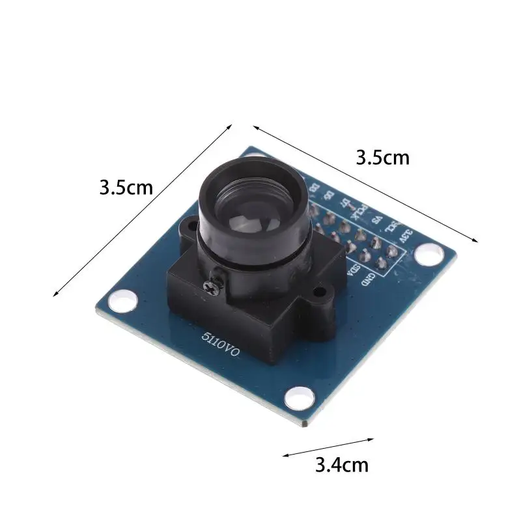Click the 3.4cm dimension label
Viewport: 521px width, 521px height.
pos(342,465)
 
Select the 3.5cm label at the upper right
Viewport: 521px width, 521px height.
pos(382,158)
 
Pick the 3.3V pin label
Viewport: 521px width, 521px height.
pos(406,236)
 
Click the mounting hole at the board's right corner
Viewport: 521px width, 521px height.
pos(429,254)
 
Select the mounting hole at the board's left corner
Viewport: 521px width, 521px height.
pos(120,300)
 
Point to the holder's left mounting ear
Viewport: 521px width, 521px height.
pos(188,227)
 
